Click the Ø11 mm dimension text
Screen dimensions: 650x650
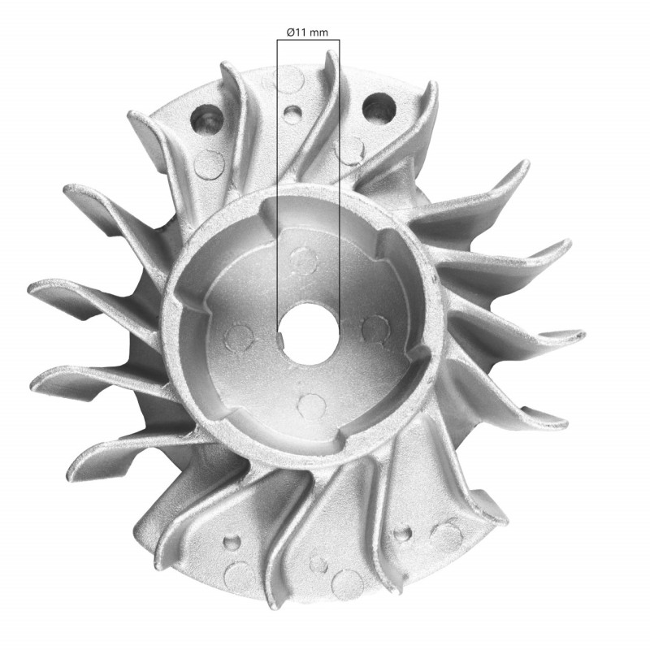[308, 32]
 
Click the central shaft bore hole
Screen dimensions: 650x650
[310, 333]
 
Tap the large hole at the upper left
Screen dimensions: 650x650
[206, 120]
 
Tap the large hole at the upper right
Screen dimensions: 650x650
[379, 109]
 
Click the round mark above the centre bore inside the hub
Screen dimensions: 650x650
[304, 261]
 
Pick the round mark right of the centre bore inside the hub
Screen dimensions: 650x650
[375, 328]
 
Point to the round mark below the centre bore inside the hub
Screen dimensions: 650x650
[311, 404]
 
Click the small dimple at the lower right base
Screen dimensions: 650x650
[400, 535]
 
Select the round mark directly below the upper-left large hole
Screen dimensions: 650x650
[211, 163]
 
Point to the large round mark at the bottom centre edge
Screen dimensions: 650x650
[348, 582]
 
